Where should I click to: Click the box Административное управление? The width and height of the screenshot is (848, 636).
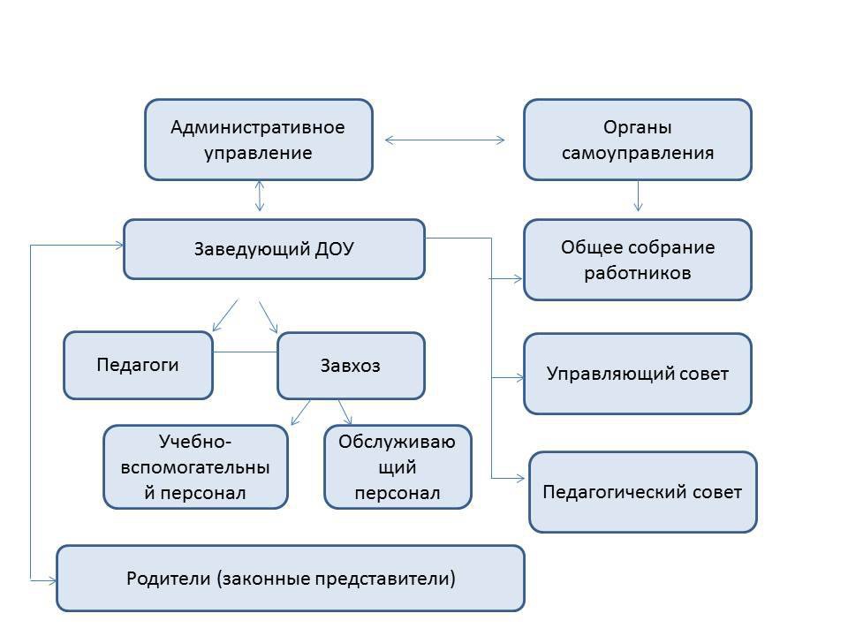(258, 140)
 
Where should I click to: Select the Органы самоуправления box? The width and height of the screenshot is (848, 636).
(637, 140)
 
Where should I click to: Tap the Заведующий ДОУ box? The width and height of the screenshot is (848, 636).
(274, 249)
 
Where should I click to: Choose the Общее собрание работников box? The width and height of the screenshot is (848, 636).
(637, 260)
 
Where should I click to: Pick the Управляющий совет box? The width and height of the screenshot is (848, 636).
(637, 374)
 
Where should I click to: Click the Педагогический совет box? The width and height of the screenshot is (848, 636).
(642, 492)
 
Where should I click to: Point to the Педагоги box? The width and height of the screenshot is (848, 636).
(138, 365)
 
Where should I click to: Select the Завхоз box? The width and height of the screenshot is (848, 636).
(351, 366)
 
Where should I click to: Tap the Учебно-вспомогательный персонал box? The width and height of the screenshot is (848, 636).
(195, 466)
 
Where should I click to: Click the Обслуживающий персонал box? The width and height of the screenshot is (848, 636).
(397, 466)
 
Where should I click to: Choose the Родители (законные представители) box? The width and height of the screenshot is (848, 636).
(290, 579)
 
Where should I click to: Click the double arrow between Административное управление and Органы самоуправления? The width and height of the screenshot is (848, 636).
(445, 140)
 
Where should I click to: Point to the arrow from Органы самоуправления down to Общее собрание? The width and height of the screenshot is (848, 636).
(638, 195)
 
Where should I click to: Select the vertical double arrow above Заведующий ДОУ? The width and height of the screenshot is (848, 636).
(259, 195)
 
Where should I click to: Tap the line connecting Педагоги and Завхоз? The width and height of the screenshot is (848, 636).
(245, 352)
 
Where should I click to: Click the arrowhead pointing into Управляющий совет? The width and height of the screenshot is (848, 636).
(518, 377)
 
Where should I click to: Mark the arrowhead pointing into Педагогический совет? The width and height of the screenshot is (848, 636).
(519, 479)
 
